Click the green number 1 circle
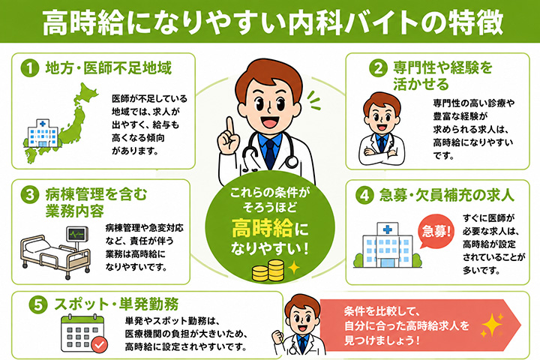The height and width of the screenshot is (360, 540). point(29,68)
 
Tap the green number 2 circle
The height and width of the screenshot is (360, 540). point(378,67)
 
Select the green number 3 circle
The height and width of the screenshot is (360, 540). point(29,195)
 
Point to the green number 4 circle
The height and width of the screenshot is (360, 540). point(364,196)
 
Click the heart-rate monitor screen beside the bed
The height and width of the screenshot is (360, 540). point(77,235)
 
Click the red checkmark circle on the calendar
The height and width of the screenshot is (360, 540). point(100,344)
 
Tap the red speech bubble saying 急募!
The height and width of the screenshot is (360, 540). point(435,231)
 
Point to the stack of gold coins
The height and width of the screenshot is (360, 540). point(268,271)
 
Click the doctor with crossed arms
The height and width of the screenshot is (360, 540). point(382,129)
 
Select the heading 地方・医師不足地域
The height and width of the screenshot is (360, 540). point(108,68)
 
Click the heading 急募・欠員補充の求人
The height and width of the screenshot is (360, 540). point(447,195)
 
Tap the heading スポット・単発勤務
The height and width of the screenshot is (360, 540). point(116,304)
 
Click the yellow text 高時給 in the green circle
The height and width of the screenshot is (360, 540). point(262,228)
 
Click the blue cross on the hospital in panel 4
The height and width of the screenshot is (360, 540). point(388,229)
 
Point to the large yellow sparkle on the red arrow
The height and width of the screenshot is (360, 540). point(493,325)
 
